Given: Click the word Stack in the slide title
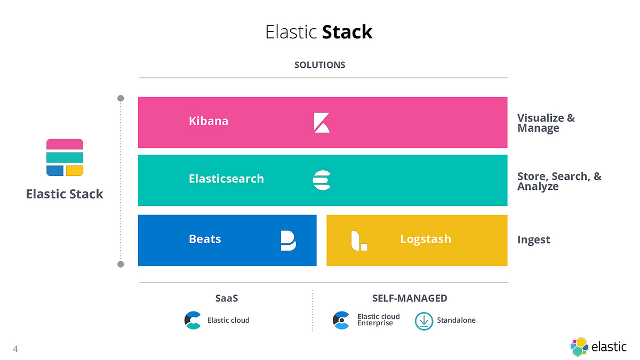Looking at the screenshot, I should (347, 32).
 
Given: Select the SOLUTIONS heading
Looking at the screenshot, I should (319, 65).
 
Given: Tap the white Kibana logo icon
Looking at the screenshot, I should (321, 122).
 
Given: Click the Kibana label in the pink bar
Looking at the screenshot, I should (209, 121).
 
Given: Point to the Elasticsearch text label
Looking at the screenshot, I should (226, 179).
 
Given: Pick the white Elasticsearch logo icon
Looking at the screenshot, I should (322, 180).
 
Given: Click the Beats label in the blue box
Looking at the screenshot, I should (205, 239).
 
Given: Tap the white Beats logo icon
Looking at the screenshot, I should (288, 241).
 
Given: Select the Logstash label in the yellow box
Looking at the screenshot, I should (426, 239).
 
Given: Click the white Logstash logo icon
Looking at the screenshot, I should (358, 241).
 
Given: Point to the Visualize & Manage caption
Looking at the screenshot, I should (546, 123).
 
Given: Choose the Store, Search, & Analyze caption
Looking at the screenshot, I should (559, 181).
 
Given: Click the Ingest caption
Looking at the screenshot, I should (533, 240).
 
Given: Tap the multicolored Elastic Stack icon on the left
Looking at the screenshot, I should (65, 157).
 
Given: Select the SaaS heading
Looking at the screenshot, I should (226, 298).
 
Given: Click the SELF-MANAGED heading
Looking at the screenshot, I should (410, 298).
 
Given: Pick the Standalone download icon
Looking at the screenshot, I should (424, 321).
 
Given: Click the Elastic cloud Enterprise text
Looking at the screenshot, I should (378, 320).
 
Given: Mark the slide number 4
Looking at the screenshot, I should (15, 349).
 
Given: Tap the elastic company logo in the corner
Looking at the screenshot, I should (598, 347).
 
